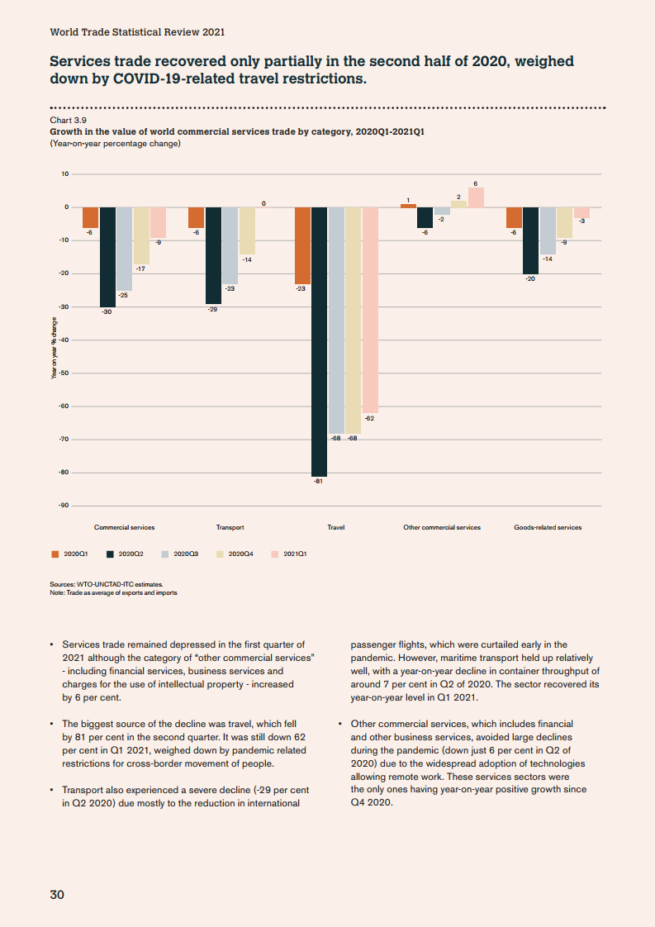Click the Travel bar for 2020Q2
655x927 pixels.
point(320,341)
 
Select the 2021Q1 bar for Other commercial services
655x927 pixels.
point(476,197)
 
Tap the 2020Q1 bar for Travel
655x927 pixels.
point(302,245)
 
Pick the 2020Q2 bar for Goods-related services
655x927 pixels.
point(530,240)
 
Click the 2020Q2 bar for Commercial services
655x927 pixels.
point(107,257)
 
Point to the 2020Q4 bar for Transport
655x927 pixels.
point(247,231)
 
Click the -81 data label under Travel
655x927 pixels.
point(318,481)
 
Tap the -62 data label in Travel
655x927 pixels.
point(369,419)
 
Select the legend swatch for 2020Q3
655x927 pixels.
point(166,554)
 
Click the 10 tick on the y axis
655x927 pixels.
point(64,174)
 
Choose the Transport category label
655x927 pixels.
point(230,527)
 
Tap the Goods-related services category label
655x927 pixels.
point(548,527)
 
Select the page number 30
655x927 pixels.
point(57,895)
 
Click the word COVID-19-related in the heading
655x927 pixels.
point(173,79)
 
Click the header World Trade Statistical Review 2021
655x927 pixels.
point(137,32)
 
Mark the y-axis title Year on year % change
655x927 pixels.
point(55,349)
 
